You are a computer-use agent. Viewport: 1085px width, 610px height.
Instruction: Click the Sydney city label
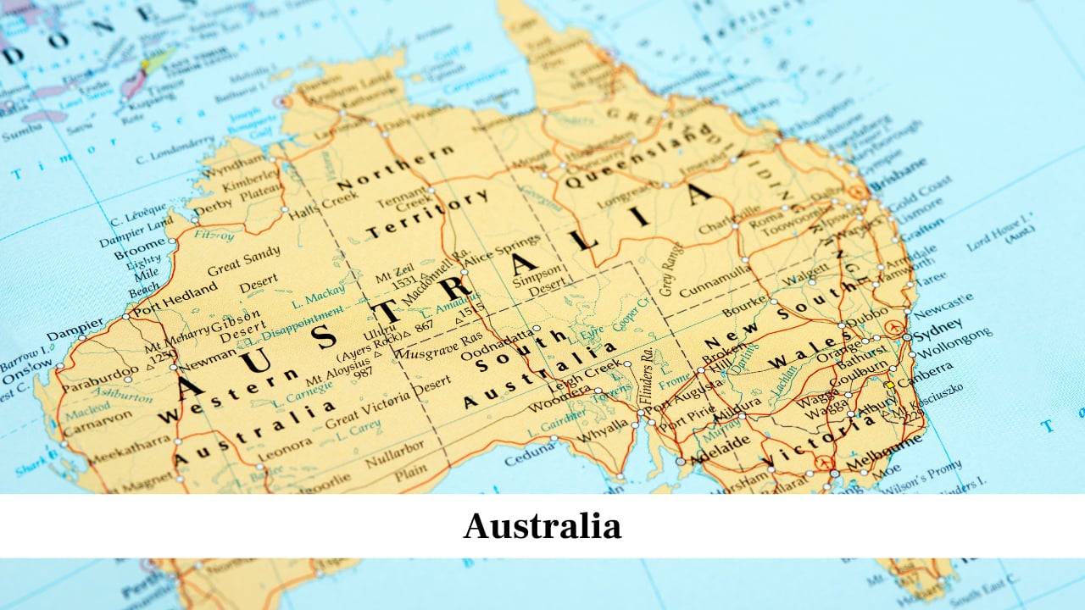click(938, 325)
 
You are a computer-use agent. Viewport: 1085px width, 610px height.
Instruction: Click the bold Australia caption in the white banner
click(542, 526)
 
